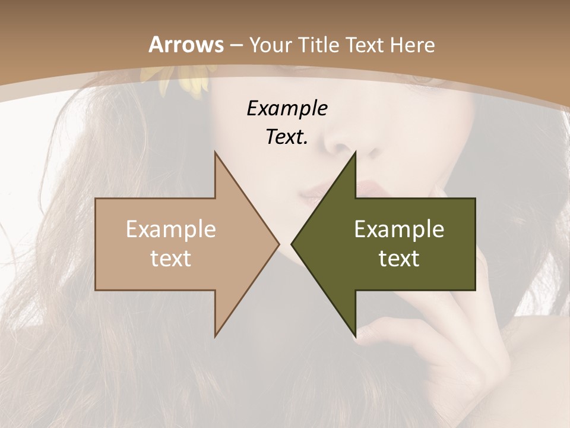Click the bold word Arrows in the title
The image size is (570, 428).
(x=186, y=45)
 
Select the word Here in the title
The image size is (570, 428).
(x=412, y=45)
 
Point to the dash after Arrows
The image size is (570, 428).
(x=236, y=45)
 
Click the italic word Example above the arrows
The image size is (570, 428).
(x=287, y=108)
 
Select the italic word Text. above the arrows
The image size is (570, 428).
(x=287, y=137)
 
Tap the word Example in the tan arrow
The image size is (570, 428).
(x=171, y=229)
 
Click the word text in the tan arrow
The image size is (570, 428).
(x=171, y=258)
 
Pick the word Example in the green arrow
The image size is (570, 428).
(x=399, y=229)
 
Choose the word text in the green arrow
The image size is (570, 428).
(x=399, y=258)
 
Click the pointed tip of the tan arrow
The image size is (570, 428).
(x=278, y=244)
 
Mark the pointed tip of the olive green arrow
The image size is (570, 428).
(x=292, y=244)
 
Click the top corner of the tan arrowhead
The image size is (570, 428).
(x=216, y=152)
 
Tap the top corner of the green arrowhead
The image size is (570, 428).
(x=355, y=152)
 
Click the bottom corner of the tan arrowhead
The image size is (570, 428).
(x=216, y=336)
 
